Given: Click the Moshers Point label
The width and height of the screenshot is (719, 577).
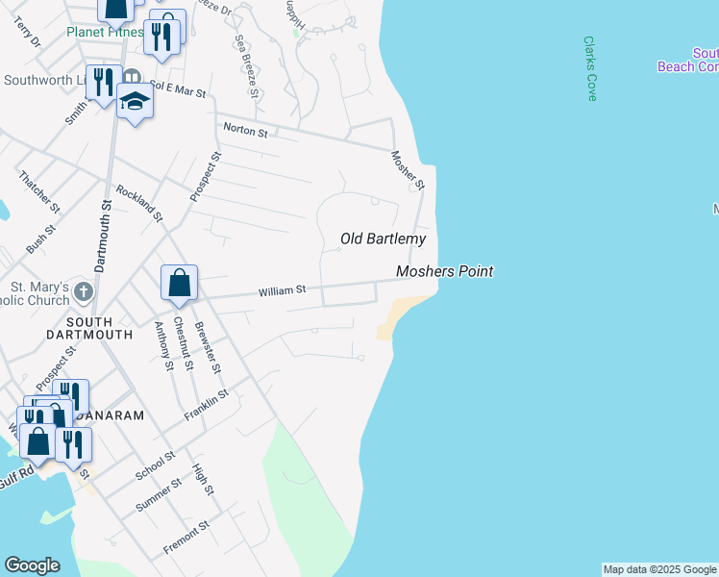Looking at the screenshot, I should click(445, 272).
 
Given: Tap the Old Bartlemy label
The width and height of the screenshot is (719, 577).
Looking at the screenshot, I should click(384, 238).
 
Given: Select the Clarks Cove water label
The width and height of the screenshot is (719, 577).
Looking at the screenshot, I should click(590, 69).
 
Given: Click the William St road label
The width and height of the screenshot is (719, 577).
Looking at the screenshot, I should click(281, 288).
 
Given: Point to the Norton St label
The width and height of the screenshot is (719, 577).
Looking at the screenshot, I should click(245, 130).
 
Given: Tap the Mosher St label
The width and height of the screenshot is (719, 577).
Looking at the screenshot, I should click(408, 169).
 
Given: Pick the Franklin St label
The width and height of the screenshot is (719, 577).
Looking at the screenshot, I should click(207, 405).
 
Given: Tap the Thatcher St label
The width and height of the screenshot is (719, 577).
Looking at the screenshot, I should click(39, 192).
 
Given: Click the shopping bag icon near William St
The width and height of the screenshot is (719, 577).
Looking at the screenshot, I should click(179, 283).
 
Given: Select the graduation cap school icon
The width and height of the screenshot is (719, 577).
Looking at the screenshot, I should click(135, 102).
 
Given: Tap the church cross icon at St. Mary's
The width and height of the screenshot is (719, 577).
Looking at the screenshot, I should click(84, 290).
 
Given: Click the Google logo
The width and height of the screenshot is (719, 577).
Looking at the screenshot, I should click(31, 565).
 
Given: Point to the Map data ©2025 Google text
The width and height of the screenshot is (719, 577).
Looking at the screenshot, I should click(659, 569).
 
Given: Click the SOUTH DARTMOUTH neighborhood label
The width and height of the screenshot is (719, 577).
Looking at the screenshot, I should click(76, 328).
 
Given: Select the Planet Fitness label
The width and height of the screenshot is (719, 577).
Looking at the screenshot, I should click(100, 31).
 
